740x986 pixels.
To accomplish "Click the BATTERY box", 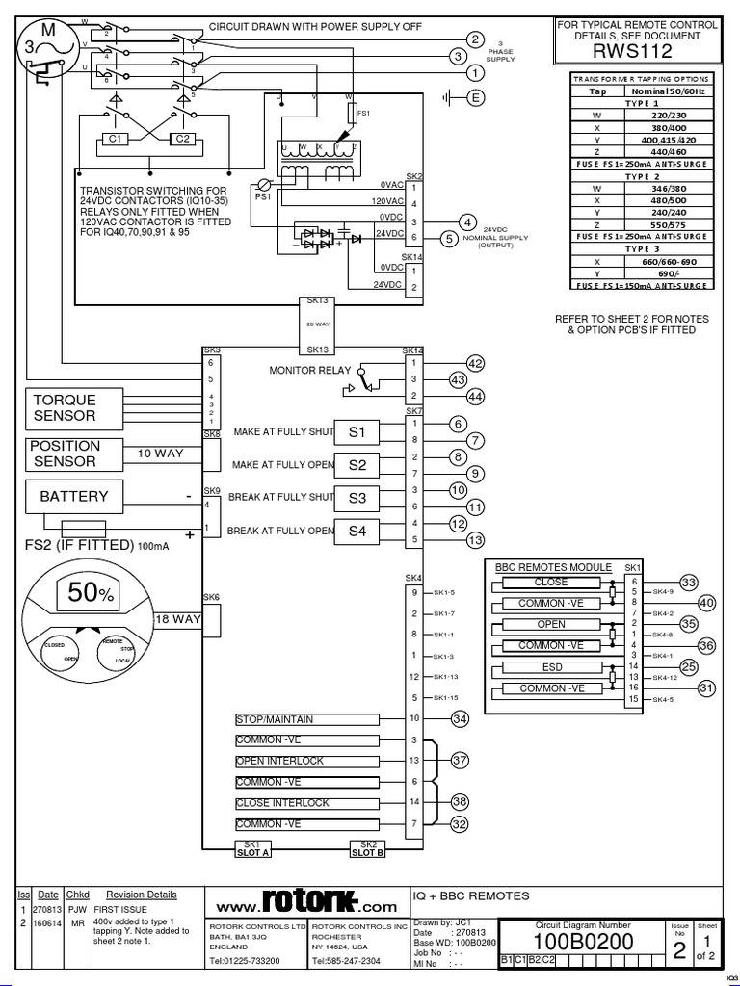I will coord(74,498).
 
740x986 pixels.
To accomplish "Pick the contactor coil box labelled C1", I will coord(118,139).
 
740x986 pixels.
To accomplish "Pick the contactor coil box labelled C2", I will coord(181,139).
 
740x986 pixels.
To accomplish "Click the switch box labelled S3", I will coord(357,498).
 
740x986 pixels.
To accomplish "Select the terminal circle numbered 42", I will coord(473,363).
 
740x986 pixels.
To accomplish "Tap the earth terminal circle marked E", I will coord(473,96).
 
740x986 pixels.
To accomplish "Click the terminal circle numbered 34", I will coord(460,719).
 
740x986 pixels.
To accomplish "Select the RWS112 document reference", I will coord(638,52).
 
